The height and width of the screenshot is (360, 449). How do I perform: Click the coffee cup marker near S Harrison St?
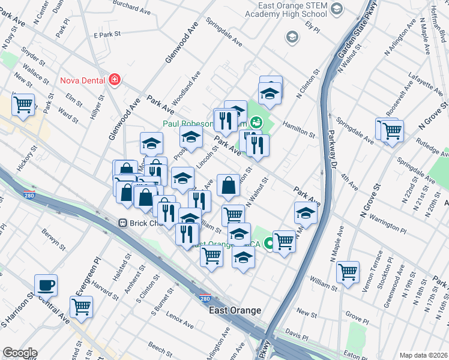[46, 286]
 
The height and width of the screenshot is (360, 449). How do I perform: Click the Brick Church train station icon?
[122, 223]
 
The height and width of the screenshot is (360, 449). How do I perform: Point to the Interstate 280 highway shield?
[204, 298]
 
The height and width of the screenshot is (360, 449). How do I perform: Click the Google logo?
[19, 353]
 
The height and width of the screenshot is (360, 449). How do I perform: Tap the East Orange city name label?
[235, 310]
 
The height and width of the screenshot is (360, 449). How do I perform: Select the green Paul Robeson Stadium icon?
[256, 122]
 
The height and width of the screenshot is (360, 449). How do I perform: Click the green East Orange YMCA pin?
[270, 244]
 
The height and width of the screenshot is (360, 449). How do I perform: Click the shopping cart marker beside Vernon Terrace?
[348, 272]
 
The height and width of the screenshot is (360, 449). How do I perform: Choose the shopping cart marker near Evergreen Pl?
[81, 307]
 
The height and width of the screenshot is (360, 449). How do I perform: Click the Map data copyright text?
[423, 355]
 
